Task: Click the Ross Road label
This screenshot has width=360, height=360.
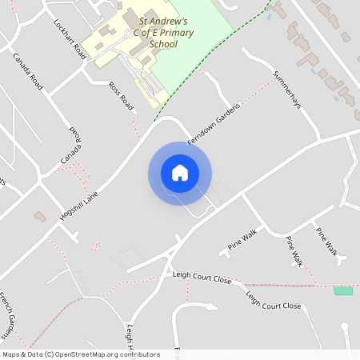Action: click(x=120, y=95)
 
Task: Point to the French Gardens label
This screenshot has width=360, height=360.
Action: click(x=8, y=315)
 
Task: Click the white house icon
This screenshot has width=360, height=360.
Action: click(x=180, y=172)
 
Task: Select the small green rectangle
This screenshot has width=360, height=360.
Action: click(x=343, y=290)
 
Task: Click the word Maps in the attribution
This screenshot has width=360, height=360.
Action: click(x=11, y=354)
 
